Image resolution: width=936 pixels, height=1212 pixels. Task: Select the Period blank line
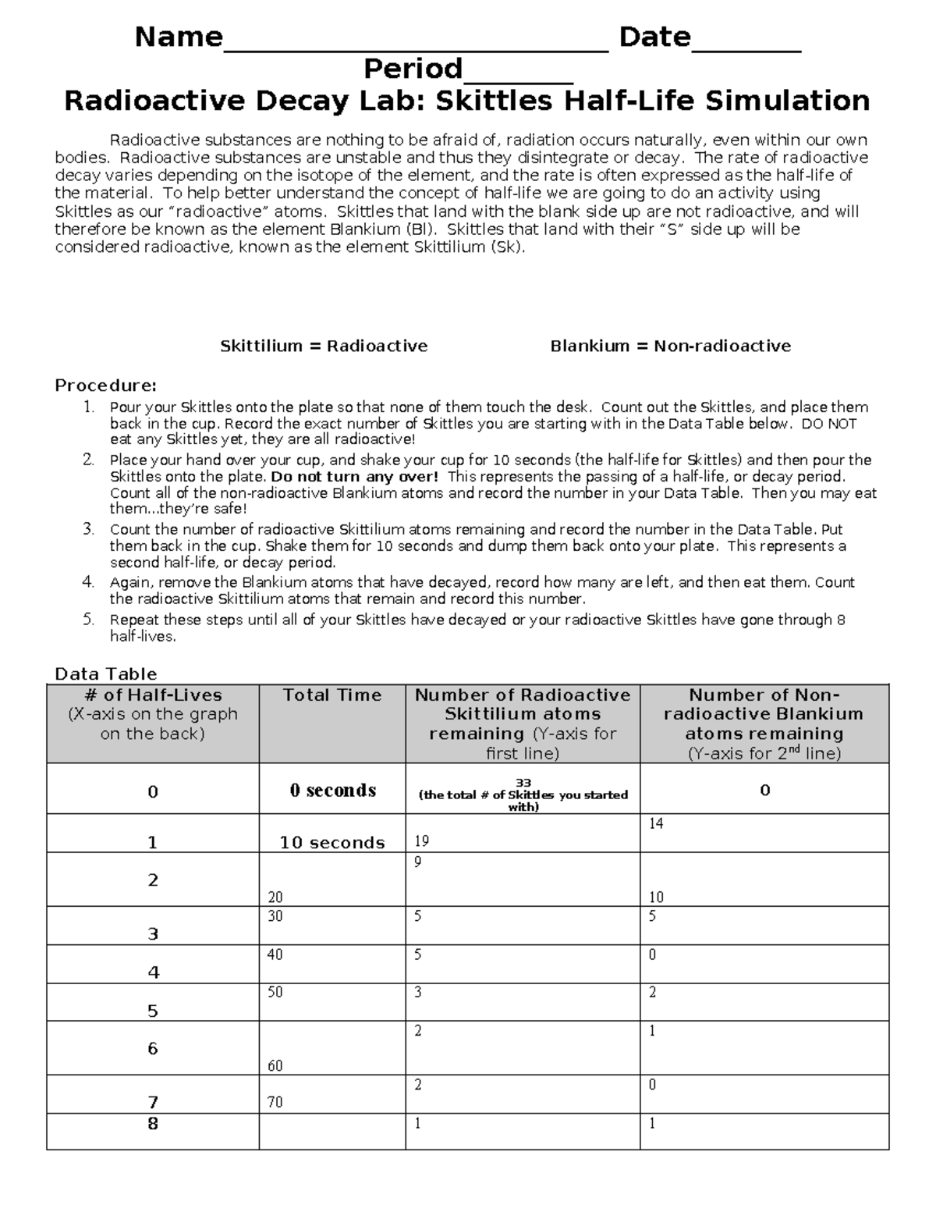coord(518,77)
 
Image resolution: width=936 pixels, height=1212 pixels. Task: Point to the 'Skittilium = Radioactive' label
coord(324,346)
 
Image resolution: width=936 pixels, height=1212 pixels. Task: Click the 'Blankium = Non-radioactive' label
coord(670,346)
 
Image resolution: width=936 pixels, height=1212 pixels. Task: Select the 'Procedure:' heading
coord(105,386)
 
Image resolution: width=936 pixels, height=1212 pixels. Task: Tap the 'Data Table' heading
coord(105,674)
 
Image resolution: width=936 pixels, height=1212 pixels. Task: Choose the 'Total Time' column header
coord(332,695)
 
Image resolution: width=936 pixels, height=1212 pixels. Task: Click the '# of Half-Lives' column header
coord(153,695)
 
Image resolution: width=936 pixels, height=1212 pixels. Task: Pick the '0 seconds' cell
coord(332,791)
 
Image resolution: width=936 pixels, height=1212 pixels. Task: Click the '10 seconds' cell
coord(332,843)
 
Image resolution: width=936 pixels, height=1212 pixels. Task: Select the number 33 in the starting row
coord(523,783)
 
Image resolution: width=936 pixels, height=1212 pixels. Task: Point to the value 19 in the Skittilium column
coord(422,841)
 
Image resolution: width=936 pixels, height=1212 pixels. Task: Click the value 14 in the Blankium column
coord(656,823)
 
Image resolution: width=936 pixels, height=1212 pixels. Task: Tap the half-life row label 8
coord(153,1124)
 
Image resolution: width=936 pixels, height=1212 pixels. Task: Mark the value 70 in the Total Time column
coord(275,1103)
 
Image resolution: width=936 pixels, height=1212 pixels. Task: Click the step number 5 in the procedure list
coord(89,620)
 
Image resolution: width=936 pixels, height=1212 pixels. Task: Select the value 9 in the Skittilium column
coord(418,862)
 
